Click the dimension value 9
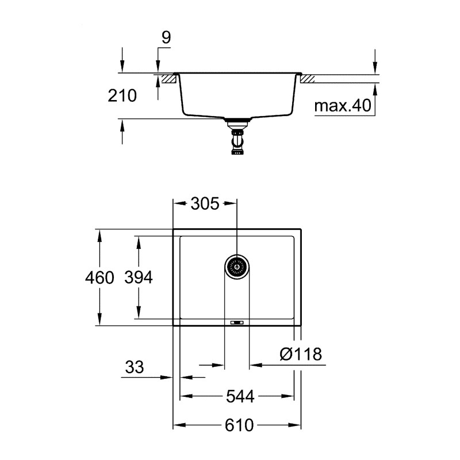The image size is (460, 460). [x=166, y=39]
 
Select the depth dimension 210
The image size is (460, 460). [x=122, y=95]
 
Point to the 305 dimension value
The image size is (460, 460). [x=204, y=204]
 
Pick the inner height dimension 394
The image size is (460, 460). [x=138, y=278]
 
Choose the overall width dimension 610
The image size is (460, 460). [x=238, y=425]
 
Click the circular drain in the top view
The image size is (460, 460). [x=236, y=266]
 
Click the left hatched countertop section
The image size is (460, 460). [x=168, y=78]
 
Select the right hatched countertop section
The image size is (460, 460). [x=307, y=78]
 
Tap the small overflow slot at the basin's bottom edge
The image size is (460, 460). [x=236, y=323]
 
